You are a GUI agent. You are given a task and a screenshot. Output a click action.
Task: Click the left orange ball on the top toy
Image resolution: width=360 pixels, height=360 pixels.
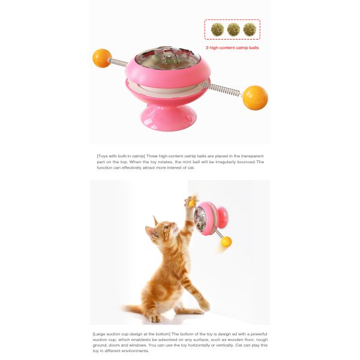pos(102,58)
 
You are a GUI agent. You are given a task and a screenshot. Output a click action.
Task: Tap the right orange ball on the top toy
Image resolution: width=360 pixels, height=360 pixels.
pos(254,97)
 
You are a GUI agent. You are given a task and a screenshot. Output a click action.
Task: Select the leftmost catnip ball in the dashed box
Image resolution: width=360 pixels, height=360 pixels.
pos(217,29)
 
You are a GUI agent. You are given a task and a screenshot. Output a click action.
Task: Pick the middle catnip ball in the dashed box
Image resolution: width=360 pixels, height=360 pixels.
pos(233,29)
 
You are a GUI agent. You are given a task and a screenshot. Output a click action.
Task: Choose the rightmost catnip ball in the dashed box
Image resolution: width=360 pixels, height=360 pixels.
pos(250,29)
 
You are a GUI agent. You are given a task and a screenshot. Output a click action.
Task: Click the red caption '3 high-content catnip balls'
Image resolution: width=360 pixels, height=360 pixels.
pos(232,47)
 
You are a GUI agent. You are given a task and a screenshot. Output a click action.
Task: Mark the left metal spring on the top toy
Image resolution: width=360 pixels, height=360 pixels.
pos(118,62)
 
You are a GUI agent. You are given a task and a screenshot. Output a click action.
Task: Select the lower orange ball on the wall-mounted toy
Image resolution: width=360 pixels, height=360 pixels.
pos(226,241)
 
